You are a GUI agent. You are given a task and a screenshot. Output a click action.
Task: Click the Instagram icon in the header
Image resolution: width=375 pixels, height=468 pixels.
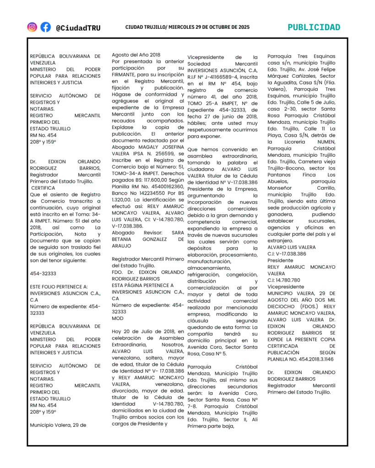(32, 27)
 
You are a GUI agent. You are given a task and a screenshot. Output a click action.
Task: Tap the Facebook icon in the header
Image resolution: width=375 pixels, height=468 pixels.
(45, 27)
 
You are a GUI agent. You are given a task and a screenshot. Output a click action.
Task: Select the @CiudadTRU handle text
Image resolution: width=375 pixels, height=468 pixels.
(78, 28)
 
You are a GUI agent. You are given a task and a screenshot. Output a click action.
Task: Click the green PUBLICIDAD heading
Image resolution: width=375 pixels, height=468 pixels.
(314, 27)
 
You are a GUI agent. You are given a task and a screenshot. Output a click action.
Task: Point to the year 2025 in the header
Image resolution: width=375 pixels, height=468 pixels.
(241, 27)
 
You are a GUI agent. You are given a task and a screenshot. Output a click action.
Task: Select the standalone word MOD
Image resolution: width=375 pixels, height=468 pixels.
(118, 318)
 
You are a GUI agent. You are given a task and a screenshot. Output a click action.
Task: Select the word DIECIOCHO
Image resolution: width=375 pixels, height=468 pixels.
(283, 306)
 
